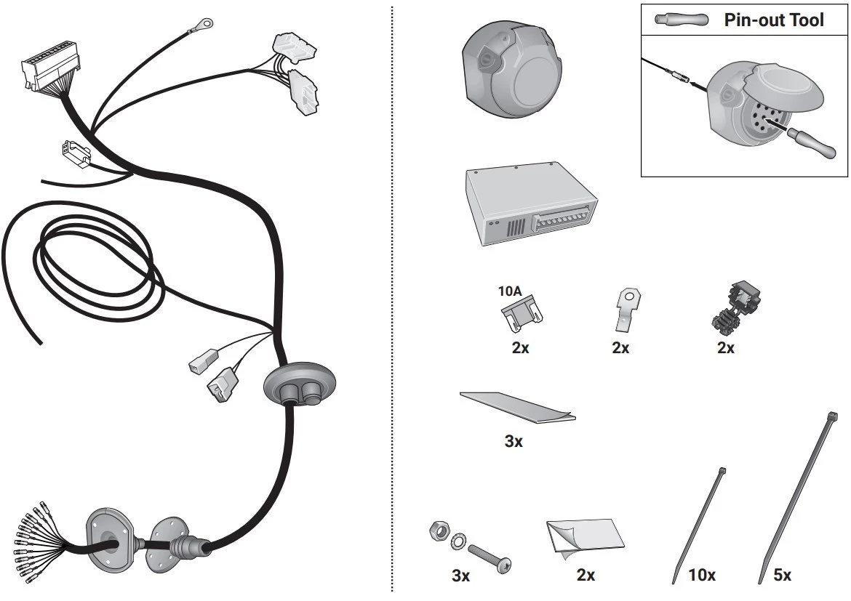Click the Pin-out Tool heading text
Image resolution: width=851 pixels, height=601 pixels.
tap(773, 20)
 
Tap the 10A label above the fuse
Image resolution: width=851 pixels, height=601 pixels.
tap(510, 291)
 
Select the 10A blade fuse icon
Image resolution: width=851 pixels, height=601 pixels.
tap(522, 313)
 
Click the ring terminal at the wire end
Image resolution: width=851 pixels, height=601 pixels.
tap(204, 24)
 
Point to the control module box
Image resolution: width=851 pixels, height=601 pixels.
tap(531, 203)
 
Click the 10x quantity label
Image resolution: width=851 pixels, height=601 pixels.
tap(702, 575)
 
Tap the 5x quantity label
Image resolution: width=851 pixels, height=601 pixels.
tap(782, 575)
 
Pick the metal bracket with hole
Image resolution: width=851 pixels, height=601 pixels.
tap(626, 309)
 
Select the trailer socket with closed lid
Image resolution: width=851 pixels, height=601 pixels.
tap(511, 72)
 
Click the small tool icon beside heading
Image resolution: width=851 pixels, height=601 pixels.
tap(682, 20)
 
